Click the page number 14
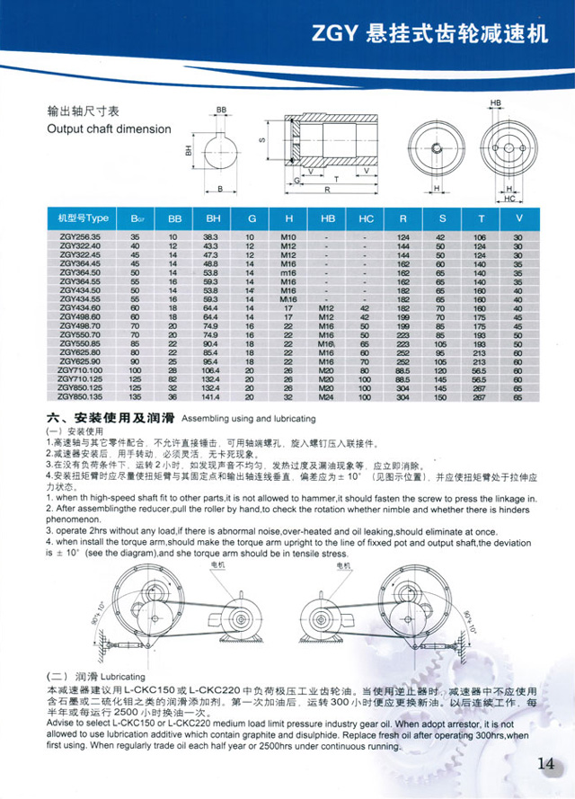[545, 764]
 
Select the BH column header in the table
[213, 218]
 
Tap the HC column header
[366, 218]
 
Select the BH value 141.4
[213, 397]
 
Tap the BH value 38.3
[213, 236]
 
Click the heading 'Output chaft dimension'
[108, 129]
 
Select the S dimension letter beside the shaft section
[261, 139]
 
